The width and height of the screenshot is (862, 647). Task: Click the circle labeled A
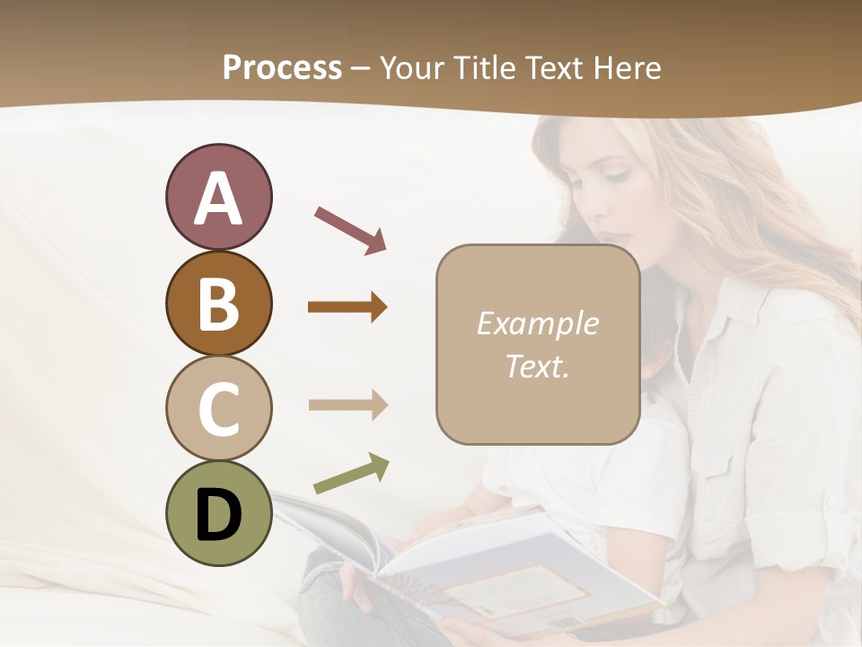(x=218, y=197)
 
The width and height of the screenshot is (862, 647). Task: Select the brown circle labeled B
(x=218, y=303)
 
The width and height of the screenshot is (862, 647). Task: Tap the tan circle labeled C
(x=218, y=408)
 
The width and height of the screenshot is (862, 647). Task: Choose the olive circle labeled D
(x=218, y=513)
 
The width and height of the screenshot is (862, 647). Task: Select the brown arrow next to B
(x=347, y=307)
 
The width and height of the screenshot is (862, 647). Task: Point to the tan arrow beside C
(x=347, y=404)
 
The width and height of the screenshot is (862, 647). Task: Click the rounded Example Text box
(x=538, y=344)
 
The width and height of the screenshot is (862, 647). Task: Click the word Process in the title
(x=282, y=67)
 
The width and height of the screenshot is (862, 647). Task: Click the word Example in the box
(x=538, y=323)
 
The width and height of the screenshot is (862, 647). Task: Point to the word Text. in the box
(x=538, y=366)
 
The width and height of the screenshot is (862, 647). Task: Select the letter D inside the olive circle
(x=218, y=514)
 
